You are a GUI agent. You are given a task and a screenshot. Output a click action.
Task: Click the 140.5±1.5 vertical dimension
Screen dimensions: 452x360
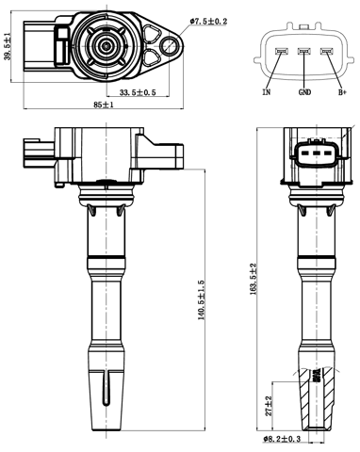(x=201, y=301)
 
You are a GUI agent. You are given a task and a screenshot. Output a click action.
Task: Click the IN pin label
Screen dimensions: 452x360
(x=267, y=93)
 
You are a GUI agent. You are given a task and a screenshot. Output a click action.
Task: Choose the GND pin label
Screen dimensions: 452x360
(x=303, y=93)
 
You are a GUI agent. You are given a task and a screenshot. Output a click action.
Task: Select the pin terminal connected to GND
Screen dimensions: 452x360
(x=303, y=51)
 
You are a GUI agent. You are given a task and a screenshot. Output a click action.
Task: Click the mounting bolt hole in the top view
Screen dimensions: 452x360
(x=170, y=40)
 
